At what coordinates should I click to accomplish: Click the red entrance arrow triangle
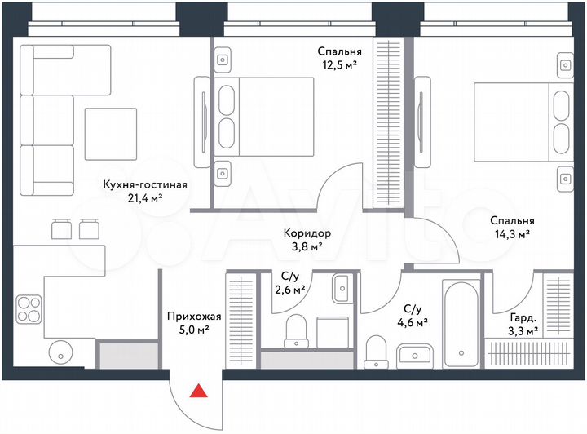pos(197,393)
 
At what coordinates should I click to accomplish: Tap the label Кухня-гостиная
pos(145,184)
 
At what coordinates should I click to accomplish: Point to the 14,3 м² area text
pos(512,234)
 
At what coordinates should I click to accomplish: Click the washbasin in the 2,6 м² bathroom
pos(341,286)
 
